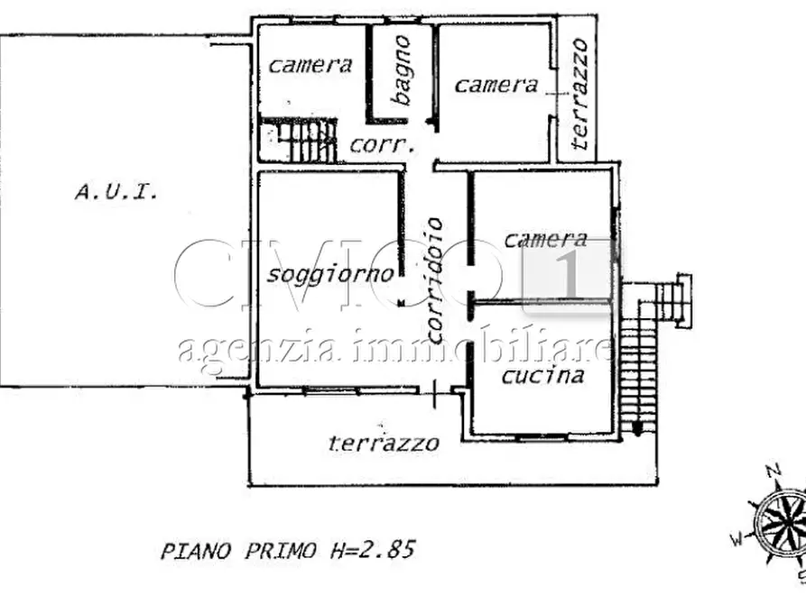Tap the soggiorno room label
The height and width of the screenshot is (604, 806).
click(330, 275)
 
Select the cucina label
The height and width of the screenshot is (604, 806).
click(542, 375)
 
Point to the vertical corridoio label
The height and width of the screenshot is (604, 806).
click(435, 280)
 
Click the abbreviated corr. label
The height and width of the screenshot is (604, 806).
click(382, 145)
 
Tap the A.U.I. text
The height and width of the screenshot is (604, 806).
click(116, 192)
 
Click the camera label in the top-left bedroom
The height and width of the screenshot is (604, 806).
click(310, 65)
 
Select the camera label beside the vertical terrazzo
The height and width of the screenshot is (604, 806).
click(496, 85)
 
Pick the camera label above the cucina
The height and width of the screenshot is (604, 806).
click(545, 239)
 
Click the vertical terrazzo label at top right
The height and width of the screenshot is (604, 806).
click(579, 94)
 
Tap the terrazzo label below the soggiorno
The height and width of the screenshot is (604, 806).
click(384, 443)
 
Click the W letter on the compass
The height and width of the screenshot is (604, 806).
click(737, 539)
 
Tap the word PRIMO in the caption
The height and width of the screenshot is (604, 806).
click(280, 551)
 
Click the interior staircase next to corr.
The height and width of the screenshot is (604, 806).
click(298, 141)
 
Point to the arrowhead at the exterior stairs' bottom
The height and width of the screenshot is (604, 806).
click(637, 429)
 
